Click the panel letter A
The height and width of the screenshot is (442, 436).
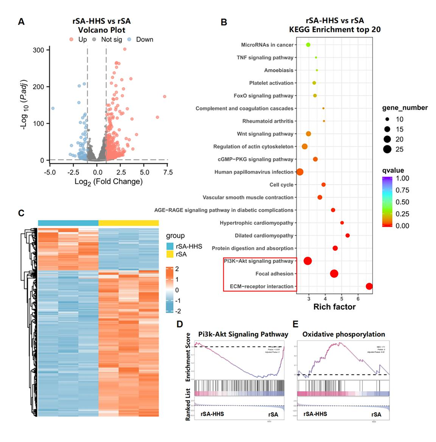click(21, 21)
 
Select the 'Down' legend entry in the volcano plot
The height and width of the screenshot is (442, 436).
click(144, 39)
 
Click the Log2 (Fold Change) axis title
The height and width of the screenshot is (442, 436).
click(110, 181)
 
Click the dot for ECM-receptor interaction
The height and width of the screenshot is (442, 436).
click(369, 287)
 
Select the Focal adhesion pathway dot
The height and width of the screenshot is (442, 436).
click(334, 274)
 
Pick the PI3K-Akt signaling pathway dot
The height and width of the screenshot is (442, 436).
click(308, 261)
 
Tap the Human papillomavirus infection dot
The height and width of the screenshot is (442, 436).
click(300, 172)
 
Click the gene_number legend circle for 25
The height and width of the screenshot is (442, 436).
click(388, 149)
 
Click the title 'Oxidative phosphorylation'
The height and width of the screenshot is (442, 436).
click(341, 334)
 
